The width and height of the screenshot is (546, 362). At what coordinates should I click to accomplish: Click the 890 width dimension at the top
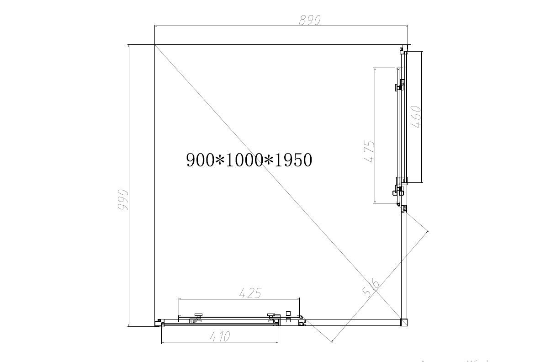(x=310, y=21)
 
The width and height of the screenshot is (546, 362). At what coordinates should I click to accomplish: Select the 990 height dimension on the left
(x=122, y=200)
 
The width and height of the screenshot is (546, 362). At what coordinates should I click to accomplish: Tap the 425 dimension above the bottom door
(x=250, y=293)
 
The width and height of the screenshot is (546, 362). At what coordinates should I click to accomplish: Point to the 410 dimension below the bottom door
(x=220, y=337)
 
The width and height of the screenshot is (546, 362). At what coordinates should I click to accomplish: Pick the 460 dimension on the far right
(x=416, y=117)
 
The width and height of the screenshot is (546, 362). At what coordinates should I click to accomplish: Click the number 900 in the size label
(x=201, y=160)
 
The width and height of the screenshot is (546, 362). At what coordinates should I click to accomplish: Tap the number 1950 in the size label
(x=292, y=160)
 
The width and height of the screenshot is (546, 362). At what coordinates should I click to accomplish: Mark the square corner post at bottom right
(x=403, y=322)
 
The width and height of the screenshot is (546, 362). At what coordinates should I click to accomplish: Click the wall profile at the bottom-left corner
(x=158, y=322)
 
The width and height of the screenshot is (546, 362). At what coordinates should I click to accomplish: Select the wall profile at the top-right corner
(x=404, y=48)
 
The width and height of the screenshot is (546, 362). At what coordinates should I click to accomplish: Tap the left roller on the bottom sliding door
(x=198, y=316)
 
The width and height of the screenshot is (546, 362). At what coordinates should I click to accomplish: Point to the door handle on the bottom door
(x=288, y=317)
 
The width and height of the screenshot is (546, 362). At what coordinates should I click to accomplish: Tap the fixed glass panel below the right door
(x=403, y=265)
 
